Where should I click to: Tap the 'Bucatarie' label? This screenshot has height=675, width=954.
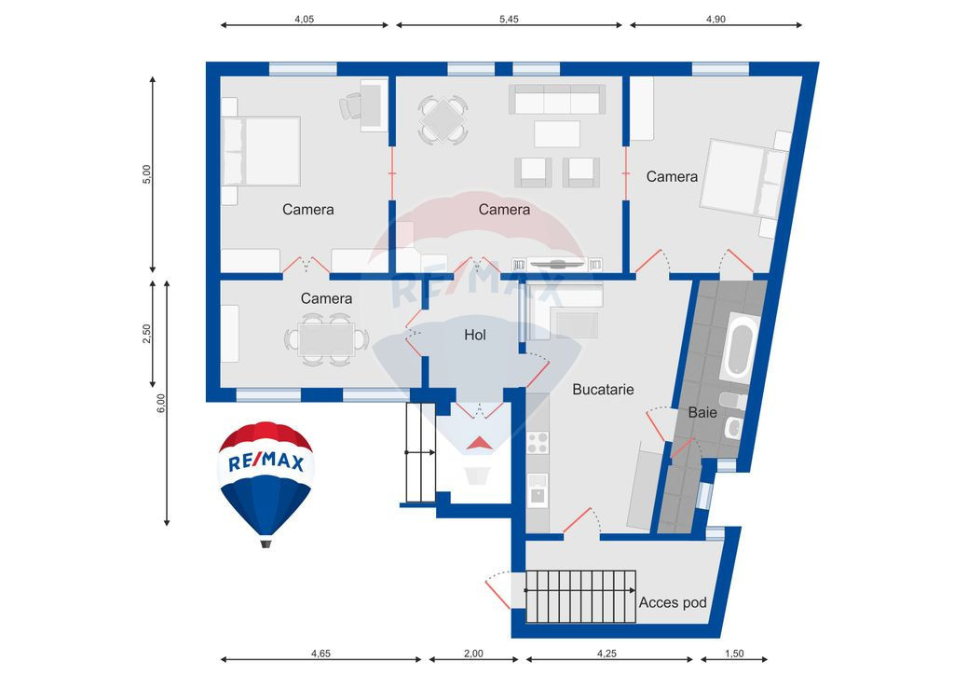pyautogui.click(x=603, y=389)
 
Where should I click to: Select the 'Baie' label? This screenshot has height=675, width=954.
pyautogui.click(x=702, y=411)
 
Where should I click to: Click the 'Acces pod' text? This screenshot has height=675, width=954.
pyautogui.click(x=673, y=602)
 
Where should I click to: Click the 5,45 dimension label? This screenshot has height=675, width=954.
pyautogui.click(x=509, y=18)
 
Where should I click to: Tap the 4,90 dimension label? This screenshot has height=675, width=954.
pyautogui.click(x=715, y=18)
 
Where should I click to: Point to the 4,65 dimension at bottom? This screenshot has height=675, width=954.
pyautogui.click(x=320, y=654)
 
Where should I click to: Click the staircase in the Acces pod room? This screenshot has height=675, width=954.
pyautogui.click(x=579, y=596)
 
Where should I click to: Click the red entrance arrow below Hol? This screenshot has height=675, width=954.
pyautogui.click(x=479, y=443)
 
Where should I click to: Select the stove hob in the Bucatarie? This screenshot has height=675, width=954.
pyautogui.click(x=538, y=442)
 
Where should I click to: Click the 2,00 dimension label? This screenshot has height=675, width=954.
pyautogui.click(x=472, y=654)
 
